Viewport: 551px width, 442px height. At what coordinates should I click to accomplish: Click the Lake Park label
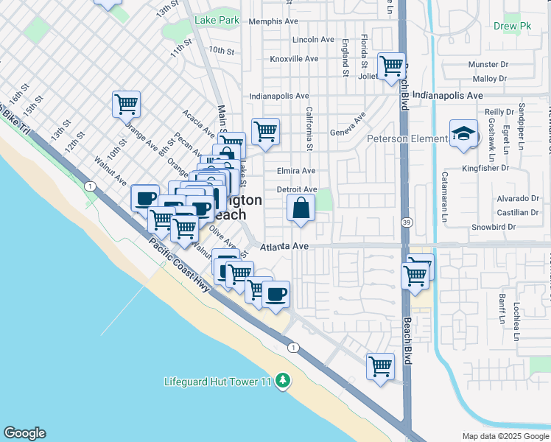click(x=217, y=21)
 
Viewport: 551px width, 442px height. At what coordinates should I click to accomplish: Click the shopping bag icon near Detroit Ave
click(x=301, y=208)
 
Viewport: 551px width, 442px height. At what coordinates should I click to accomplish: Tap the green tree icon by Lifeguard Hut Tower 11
click(x=282, y=381)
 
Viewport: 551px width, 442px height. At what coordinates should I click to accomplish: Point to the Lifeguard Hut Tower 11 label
click(x=218, y=382)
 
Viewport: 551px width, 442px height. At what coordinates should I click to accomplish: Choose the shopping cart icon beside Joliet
click(x=392, y=66)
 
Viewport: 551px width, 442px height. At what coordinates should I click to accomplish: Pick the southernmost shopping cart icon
click(x=380, y=366)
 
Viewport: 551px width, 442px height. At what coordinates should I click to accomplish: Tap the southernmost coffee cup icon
click(x=276, y=295)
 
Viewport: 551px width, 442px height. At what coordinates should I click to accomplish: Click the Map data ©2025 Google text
click(x=505, y=436)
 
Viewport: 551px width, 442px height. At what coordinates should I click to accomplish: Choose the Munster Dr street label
click(x=488, y=65)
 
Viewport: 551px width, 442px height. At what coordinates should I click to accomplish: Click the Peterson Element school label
click(x=407, y=138)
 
